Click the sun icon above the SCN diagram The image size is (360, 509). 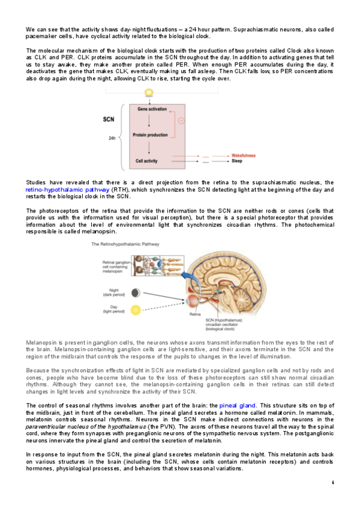pyautogui.click(x=149, y=93)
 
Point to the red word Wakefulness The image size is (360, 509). pyautogui.click(x=244, y=155)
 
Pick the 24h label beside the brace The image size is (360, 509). pyautogui.click(x=112, y=137)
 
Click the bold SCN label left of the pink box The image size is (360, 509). pyautogui.click(x=108, y=119)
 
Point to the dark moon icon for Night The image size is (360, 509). pyautogui.click(x=137, y=293)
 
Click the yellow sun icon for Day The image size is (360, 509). pyautogui.click(x=137, y=310)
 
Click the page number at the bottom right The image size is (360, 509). pyautogui.click(x=332, y=482)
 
